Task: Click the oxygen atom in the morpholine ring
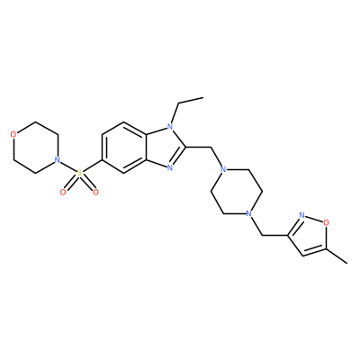[13, 134]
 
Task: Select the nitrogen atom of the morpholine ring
[57, 159]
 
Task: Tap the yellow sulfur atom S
[79, 173]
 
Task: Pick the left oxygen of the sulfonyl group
[63, 192]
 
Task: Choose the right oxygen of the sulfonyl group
[95, 192]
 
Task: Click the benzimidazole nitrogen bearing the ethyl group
[170, 127]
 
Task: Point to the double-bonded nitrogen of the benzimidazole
[170, 168]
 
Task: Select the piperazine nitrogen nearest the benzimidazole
[222, 170]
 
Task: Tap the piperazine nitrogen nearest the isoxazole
[248, 213]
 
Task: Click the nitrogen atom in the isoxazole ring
[301, 215]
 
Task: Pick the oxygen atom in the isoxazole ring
[326, 222]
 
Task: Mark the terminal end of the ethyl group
[203, 97]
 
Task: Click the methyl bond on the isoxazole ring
[336, 256]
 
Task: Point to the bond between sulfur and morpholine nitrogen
[68, 166]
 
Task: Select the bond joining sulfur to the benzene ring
[92, 166]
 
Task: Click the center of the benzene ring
[124, 148]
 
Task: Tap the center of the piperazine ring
[237, 192]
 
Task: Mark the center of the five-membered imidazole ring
[164, 148]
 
